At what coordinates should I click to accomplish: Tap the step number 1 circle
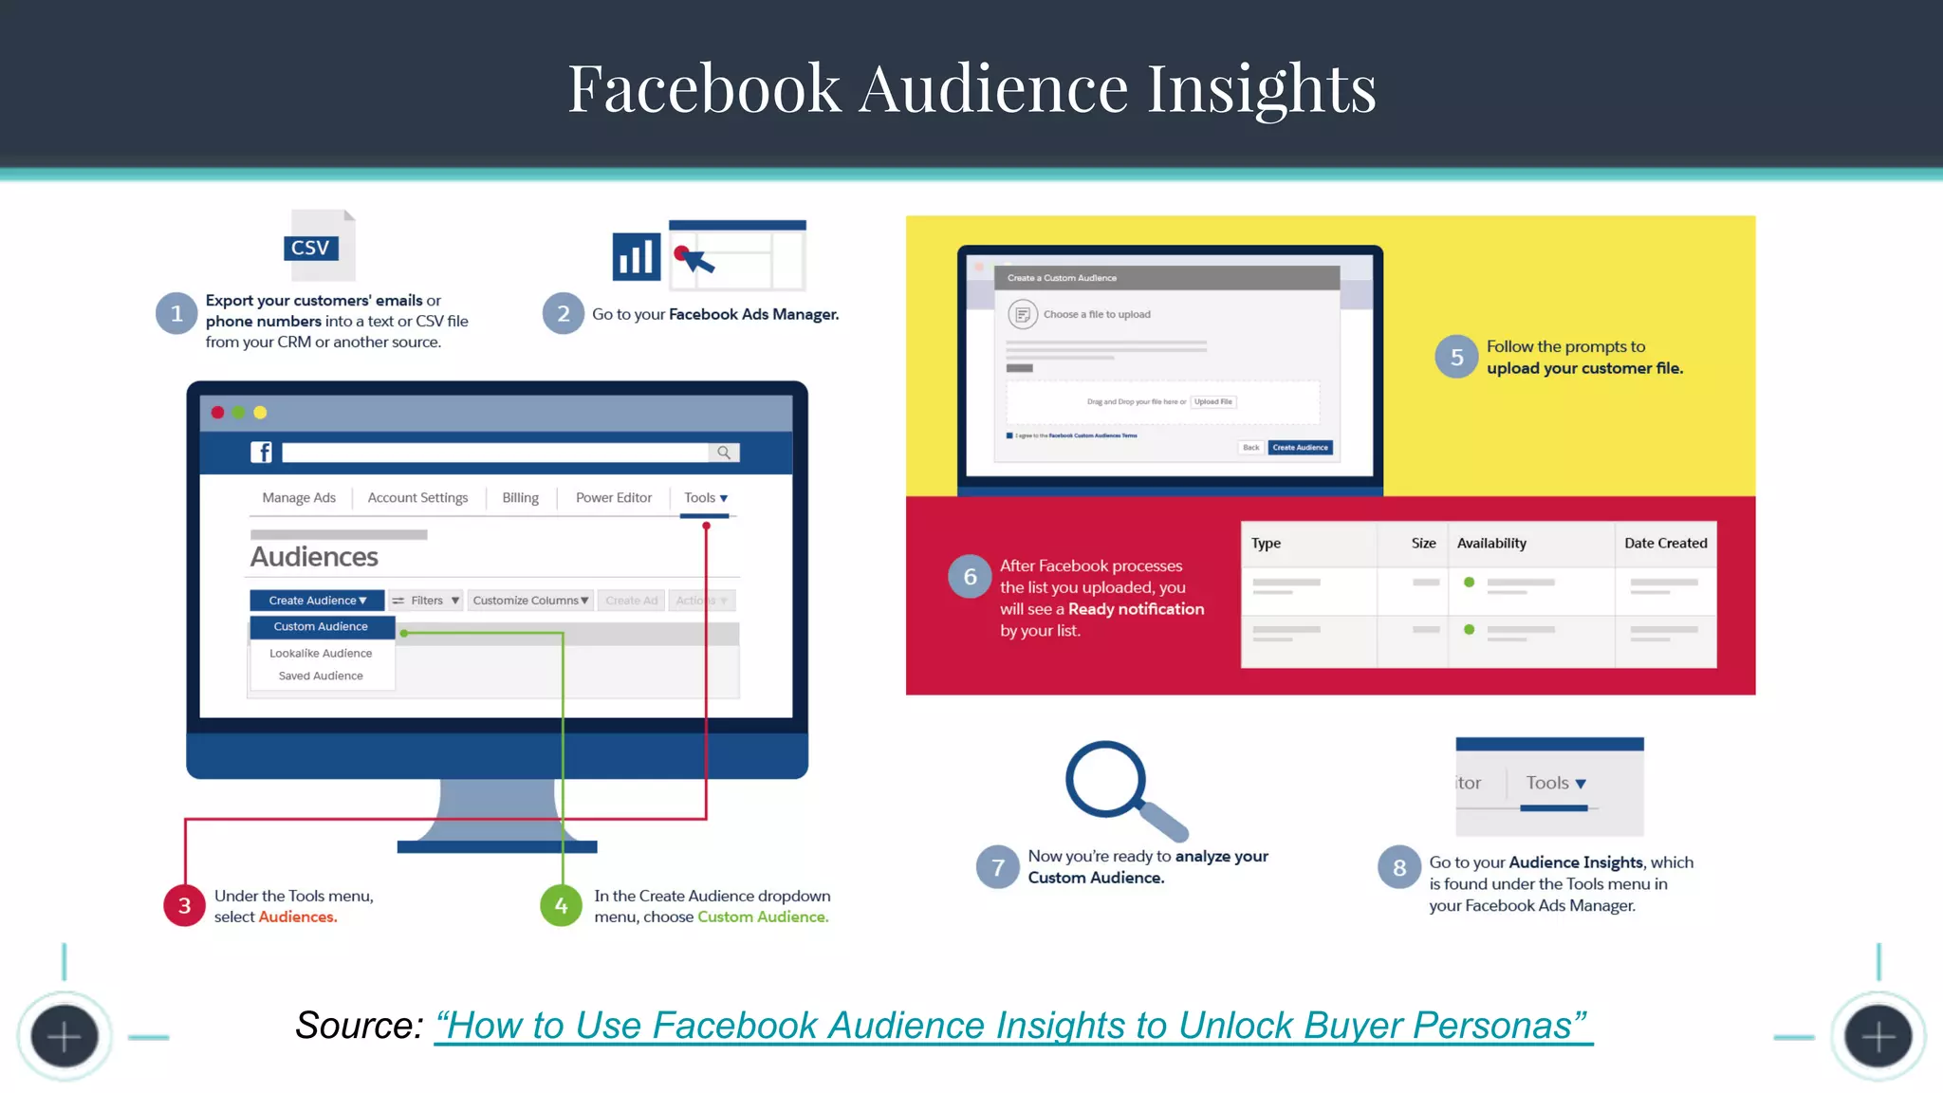[176, 314]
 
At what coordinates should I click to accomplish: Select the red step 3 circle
[185, 906]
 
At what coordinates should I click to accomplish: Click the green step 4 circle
[561, 906]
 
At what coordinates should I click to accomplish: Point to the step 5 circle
[1456, 357]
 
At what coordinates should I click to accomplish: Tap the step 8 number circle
[1399, 867]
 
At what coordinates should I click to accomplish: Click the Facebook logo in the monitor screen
[261, 453]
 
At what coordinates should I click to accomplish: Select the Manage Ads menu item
[299, 498]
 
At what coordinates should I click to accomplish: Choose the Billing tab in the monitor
[520, 498]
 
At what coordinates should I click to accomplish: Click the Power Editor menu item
[614, 498]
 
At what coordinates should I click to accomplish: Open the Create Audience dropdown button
[317, 601]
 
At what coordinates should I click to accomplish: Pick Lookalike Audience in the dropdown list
[321, 654]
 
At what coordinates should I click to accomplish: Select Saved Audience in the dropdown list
[321, 676]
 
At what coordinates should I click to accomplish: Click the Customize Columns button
[530, 601]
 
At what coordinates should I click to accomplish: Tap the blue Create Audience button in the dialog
[1300, 448]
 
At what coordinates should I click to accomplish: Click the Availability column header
[1491, 544]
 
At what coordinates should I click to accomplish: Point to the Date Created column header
[1665, 544]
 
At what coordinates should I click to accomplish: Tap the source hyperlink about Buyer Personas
[1012, 1026]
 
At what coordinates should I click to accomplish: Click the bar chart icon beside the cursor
[636, 256]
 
